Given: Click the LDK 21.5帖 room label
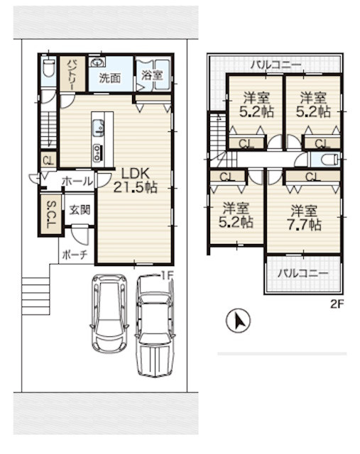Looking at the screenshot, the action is click(x=136, y=180).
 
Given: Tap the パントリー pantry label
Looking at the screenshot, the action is click(x=72, y=74).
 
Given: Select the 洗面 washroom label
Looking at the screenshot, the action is click(x=109, y=78).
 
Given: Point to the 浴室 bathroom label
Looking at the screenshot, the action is click(x=152, y=75).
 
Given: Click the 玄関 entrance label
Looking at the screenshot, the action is click(x=80, y=210).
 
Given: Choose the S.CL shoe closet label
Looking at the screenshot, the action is click(x=51, y=214).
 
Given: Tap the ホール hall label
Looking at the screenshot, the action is click(x=77, y=182).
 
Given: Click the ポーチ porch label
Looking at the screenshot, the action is click(x=75, y=255).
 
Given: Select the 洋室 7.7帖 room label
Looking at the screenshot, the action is click(x=304, y=218).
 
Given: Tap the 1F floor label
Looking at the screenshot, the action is click(x=166, y=276).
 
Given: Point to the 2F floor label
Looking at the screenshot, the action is click(x=337, y=304).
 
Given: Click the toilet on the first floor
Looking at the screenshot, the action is click(x=48, y=68).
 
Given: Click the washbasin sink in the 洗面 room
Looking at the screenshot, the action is click(x=97, y=62).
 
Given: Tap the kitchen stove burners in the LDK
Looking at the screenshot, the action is click(x=97, y=153).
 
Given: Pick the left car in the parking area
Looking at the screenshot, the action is click(x=109, y=313).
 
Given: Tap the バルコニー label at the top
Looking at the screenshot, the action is click(x=276, y=65).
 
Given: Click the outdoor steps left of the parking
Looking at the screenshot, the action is click(x=36, y=297).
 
